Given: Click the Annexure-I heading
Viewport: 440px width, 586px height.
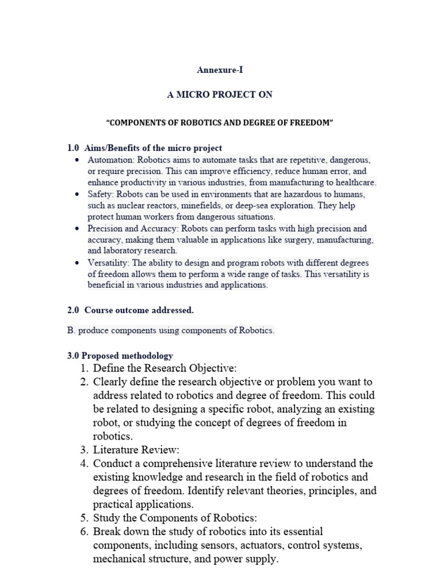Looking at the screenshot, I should coord(219,70).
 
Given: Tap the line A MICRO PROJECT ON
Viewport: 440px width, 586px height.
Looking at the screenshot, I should coord(219,94).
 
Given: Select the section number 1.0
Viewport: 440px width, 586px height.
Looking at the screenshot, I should coord(73,148).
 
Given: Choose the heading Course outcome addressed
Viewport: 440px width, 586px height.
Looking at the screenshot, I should coord(139,310).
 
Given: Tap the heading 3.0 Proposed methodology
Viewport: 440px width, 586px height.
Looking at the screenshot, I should coord(120,355).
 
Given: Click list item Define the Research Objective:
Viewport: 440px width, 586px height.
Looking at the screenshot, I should coord(164,367).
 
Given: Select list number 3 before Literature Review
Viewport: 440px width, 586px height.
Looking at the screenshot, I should coord(84,450).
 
